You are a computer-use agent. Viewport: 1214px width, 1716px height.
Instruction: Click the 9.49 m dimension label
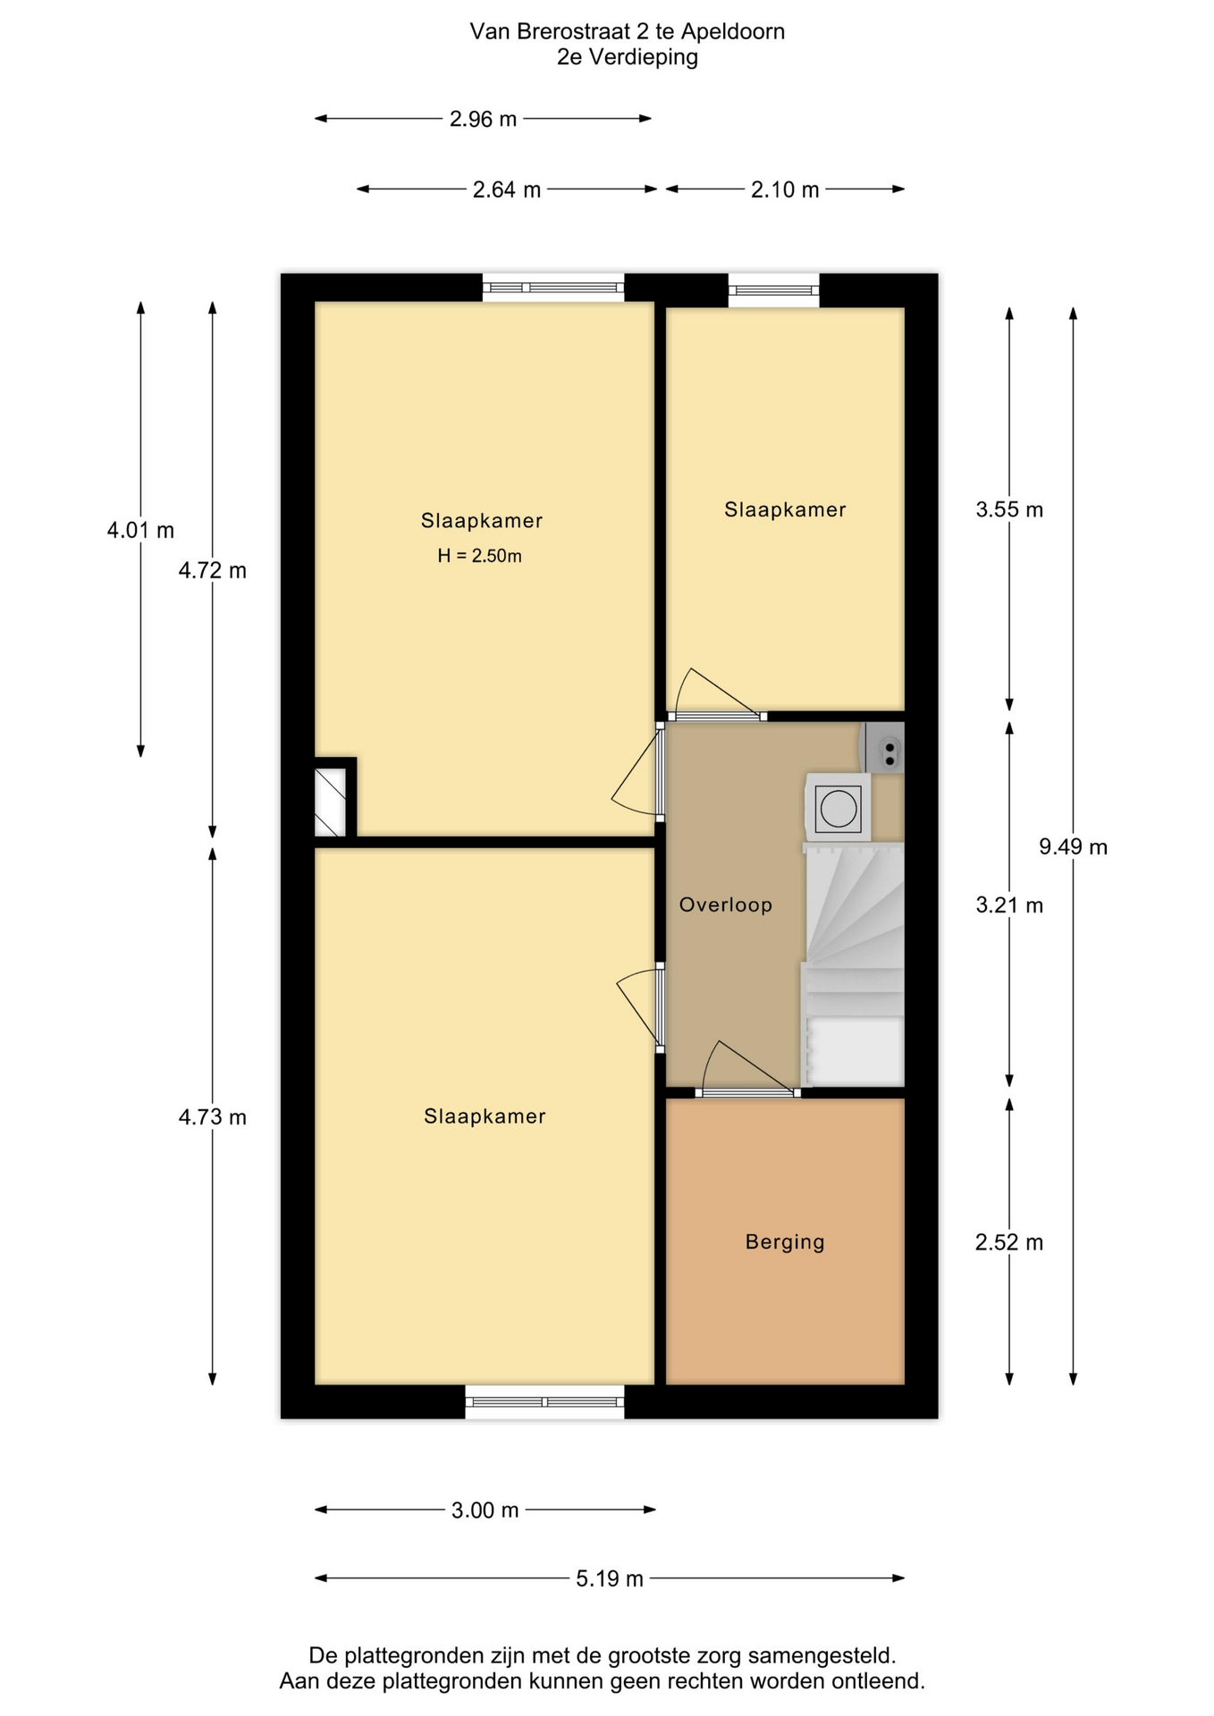[x=1073, y=846]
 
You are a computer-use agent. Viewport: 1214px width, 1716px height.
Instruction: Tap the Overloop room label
[x=725, y=904]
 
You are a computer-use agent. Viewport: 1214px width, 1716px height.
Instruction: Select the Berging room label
[x=785, y=1241]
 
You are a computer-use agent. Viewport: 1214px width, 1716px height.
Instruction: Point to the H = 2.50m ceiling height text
[x=479, y=556]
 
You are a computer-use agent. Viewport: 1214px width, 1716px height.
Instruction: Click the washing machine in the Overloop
[x=838, y=808]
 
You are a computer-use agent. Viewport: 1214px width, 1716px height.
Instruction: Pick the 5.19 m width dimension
[x=610, y=1578]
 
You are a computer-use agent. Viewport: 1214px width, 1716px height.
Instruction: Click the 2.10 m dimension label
[x=785, y=189]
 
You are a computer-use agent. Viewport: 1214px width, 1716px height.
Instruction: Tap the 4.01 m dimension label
[x=140, y=530]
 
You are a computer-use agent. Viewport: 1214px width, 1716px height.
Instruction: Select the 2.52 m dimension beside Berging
[x=1009, y=1242]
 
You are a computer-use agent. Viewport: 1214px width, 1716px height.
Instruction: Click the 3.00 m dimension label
[x=485, y=1510]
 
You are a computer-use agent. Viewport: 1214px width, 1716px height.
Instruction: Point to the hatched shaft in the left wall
[x=330, y=802]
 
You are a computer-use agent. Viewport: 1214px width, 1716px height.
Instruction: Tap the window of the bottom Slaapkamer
[x=544, y=1401]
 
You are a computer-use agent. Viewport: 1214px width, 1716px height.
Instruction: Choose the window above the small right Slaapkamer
[x=773, y=290]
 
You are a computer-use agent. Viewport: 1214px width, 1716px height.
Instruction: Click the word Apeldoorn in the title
[x=733, y=31]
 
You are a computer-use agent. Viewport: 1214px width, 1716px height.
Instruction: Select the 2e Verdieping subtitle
[x=627, y=57]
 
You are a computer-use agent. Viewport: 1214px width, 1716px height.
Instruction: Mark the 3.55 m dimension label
[x=1009, y=509]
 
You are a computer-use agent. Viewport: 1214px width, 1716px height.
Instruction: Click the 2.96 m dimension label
[x=483, y=119]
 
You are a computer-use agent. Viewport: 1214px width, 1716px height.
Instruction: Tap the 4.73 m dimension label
[x=212, y=1116]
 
